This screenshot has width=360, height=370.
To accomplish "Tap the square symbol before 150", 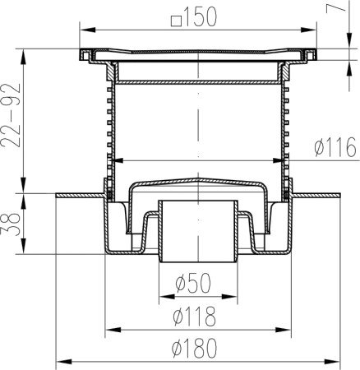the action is [176, 21].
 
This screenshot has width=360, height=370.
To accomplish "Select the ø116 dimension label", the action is [335, 147].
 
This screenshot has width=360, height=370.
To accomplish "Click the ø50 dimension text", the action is [193, 282].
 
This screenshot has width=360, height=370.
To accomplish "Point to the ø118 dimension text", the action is [194, 317].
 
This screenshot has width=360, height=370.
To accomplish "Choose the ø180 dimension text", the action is [194, 348].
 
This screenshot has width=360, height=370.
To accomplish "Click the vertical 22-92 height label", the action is [11, 115].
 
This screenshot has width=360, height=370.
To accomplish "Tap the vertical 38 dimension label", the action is [11, 224].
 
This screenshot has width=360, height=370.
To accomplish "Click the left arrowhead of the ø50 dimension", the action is [167, 296].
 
